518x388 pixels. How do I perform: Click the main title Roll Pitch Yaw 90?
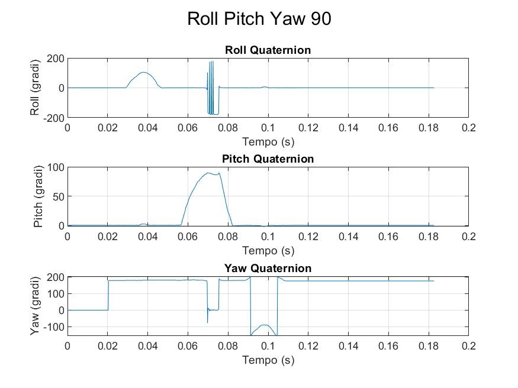coord(259,19)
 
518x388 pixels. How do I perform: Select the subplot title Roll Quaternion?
coord(268,50)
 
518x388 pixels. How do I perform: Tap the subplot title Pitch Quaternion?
coord(268,159)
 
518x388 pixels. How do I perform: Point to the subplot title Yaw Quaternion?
coord(268,268)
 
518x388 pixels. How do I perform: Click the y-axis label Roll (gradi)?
coord(36,88)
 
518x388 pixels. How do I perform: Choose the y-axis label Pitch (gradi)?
coord(39,196)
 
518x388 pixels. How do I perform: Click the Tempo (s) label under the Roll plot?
coord(268,142)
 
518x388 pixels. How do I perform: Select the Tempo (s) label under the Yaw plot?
coord(268,360)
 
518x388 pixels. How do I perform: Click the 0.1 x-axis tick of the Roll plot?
coord(268,128)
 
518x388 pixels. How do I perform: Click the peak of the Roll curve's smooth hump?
coord(143,73)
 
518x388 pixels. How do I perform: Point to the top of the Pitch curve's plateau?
coord(209,173)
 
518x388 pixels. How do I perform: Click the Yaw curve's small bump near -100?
coord(265,325)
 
